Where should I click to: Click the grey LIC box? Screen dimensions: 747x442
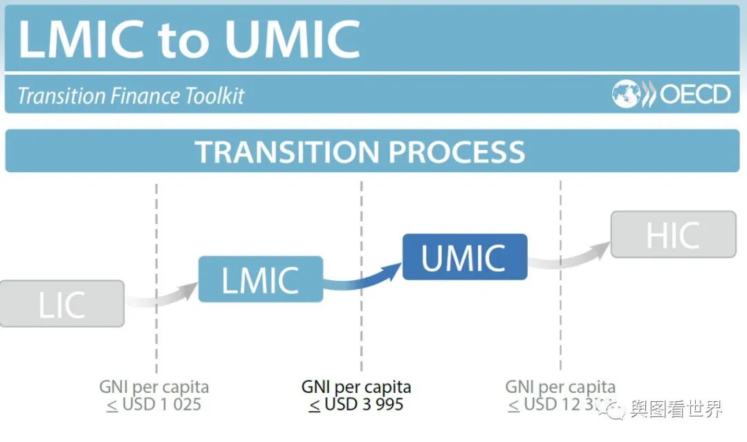[62, 304]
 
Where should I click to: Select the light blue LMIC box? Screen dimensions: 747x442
[260, 279]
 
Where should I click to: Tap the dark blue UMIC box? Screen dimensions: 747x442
[464, 257]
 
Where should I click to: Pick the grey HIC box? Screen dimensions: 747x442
[672, 234]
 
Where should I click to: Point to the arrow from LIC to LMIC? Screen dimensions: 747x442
[162, 296]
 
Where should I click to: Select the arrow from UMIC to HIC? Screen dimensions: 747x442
[571, 257]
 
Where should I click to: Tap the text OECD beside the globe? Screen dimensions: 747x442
[694, 94]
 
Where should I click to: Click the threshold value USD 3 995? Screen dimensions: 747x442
[364, 404]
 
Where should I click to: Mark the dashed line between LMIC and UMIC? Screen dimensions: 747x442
[361, 208]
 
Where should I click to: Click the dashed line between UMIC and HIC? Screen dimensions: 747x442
[560, 208]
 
